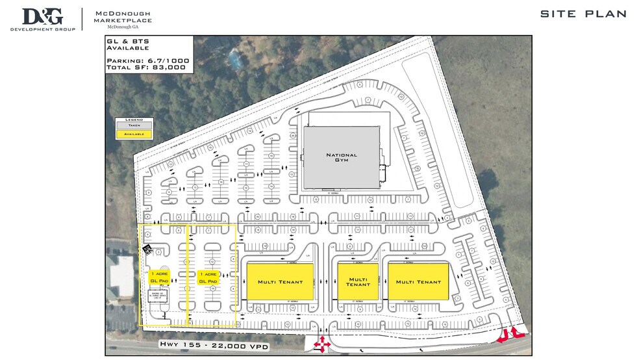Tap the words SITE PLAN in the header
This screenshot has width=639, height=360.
[583, 14]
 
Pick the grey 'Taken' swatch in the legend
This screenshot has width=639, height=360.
[134, 125]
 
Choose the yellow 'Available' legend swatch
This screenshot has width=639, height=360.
[134, 134]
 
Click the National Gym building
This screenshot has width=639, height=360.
[341, 158]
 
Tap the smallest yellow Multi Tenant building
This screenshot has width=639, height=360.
[358, 281]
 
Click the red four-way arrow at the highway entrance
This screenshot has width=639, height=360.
[321, 344]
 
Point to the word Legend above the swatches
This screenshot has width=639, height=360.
[134, 119]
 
